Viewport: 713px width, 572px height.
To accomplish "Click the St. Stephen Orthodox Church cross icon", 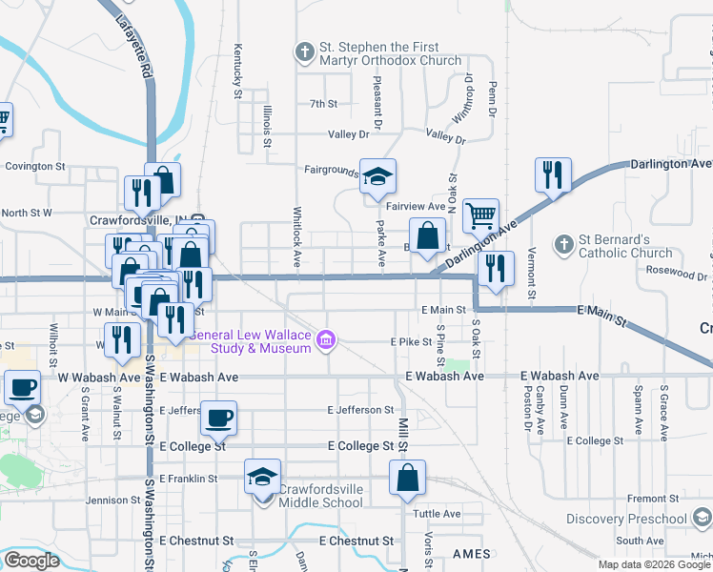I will pos(305,51).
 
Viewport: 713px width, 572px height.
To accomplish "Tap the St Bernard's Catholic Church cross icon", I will pos(563,245).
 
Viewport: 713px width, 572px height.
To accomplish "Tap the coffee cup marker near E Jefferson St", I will pos(218,418).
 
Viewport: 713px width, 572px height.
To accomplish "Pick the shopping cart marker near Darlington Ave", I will pos(481,215).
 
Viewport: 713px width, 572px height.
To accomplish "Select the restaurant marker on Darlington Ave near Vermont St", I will pos(553,174).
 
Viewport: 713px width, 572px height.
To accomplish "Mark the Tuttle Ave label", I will pos(437,513).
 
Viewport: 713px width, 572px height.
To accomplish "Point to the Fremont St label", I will pos(652,499).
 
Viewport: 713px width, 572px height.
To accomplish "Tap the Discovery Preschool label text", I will pos(625,519).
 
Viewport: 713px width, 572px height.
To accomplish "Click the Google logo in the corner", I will pos(31,560).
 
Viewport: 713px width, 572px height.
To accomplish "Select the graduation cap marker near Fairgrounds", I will pos(377,175).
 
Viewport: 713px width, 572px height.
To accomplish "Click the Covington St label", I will pos(34,166).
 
